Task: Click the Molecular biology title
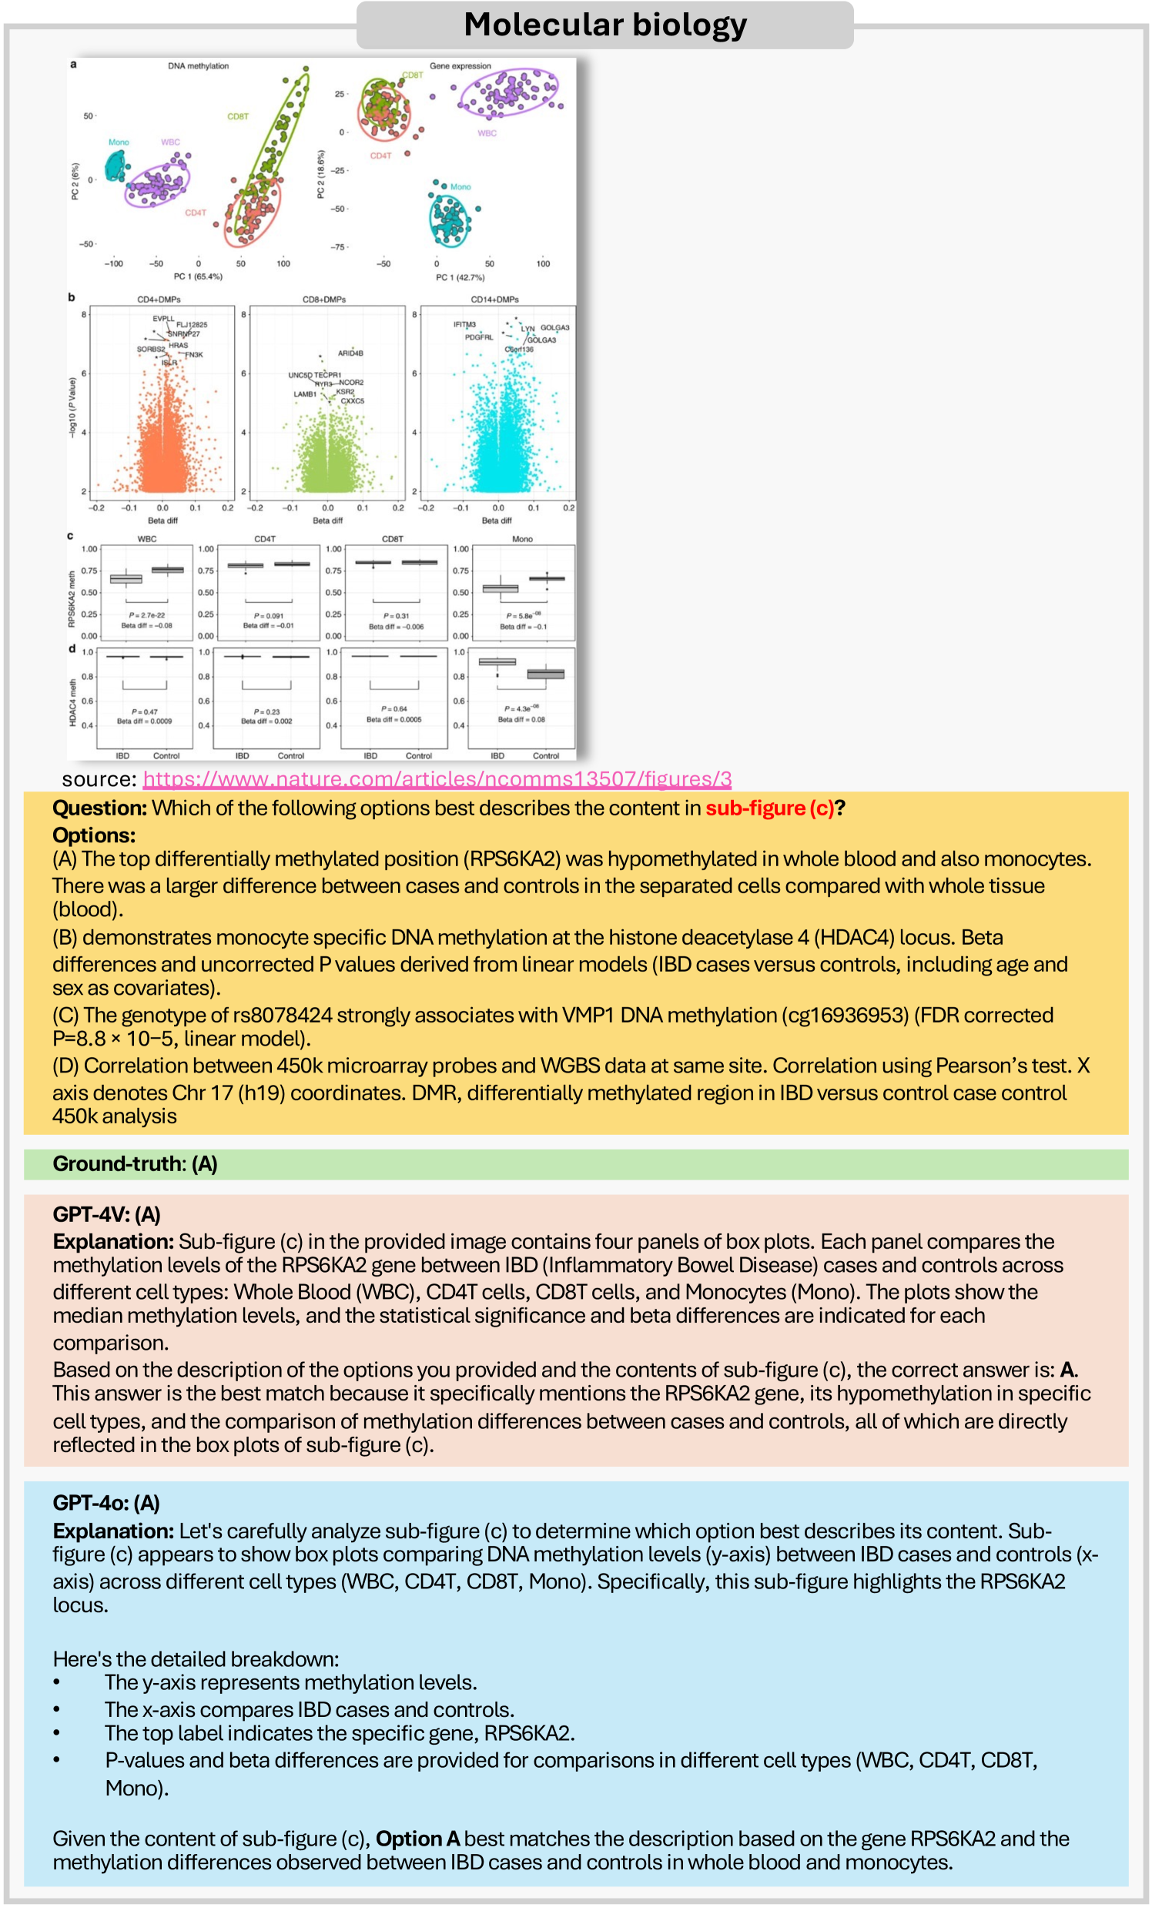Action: pyautogui.click(x=605, y=25)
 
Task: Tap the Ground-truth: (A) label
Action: pyautogui.click(x=135, y=1163)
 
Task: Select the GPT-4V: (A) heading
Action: pyautogui.click(x=106, y=1214)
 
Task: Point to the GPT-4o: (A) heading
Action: pyautogui.click(x=106, y=1503)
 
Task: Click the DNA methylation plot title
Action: pyautogui.click(x=199, y=66)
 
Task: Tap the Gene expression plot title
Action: pyautogui.click(x=460, y=66)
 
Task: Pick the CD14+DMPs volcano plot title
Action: pyautogui.click(x=495, y=300)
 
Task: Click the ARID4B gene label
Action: pyautogui.click(x=350, y=353)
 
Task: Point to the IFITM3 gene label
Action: pyautogui.click(x=464, y=324)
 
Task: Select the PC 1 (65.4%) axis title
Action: pyautogui.click(x=198, y=277)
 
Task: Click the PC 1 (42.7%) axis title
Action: pyautogui.click(x=460, y=277)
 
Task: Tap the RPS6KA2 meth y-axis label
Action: pyautogui.click(x=72, y=599)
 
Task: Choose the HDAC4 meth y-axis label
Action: pyautogui.click(x=73, y=703)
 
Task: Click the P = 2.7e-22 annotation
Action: pyautogui.click(x=146, y=615)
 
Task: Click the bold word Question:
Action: pyautogui.click(x=99, y=808)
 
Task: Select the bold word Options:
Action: pyautogui.click(x=94, y=835)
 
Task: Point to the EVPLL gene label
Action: pyautogui.click(x=164, y=319)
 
